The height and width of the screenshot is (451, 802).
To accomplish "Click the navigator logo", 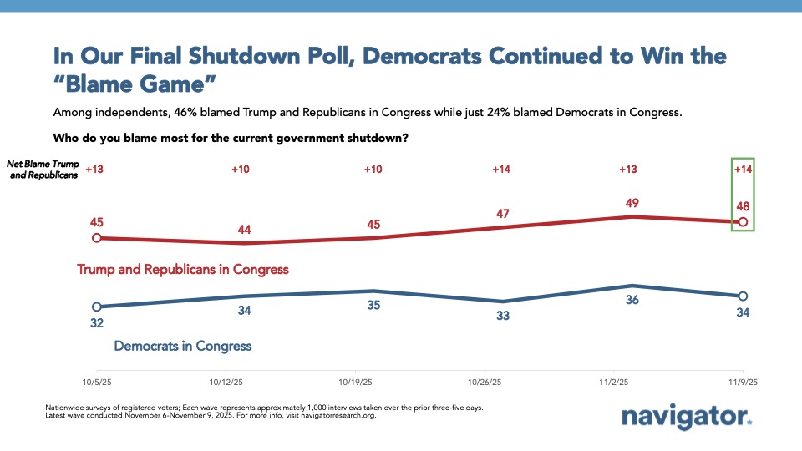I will tap(687, 417).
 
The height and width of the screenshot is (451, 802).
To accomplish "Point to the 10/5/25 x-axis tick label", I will tap(97, 382).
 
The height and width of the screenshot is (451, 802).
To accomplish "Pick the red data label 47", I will tap(503, 213).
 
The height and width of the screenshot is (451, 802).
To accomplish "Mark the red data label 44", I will tap(245, 228).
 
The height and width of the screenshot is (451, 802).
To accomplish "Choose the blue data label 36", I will tap(632, 300).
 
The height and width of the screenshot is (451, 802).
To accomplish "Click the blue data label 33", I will tap(503, 316).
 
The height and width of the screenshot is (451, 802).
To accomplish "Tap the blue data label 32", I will tap(97, 322).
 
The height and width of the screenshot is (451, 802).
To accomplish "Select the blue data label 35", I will tap(373, 306).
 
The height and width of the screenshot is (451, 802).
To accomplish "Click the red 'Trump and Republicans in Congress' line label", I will tap(183, 270).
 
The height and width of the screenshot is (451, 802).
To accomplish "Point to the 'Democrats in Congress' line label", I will tap(183, 345).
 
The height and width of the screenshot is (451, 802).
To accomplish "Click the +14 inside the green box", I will tap(743, 170).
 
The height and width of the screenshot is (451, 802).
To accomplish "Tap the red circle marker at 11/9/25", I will tap(742, 222).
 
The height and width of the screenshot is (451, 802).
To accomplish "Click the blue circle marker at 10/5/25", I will tap(97, 307).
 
